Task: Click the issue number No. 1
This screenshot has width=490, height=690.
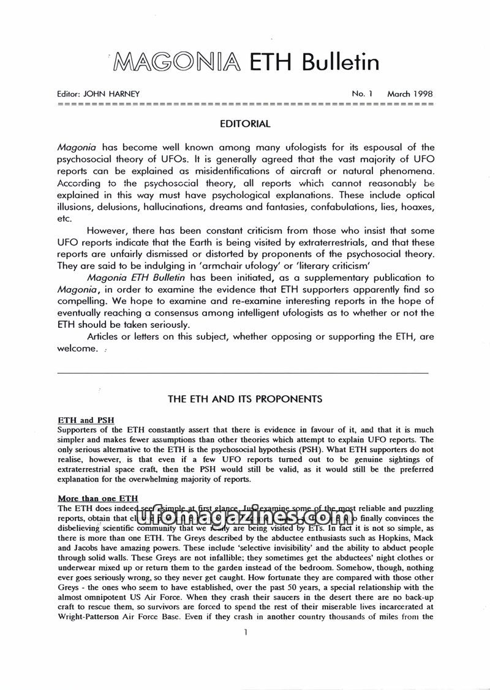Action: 362,94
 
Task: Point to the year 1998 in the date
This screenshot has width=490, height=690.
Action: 423,94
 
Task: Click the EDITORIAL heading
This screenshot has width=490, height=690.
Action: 244,124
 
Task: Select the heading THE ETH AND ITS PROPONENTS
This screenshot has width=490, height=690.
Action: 245,399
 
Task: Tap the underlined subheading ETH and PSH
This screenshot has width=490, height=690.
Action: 85,420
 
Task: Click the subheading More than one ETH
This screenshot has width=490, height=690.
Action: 98,499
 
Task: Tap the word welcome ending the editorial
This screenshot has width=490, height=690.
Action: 77,349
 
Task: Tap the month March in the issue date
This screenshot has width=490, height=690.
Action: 399,94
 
